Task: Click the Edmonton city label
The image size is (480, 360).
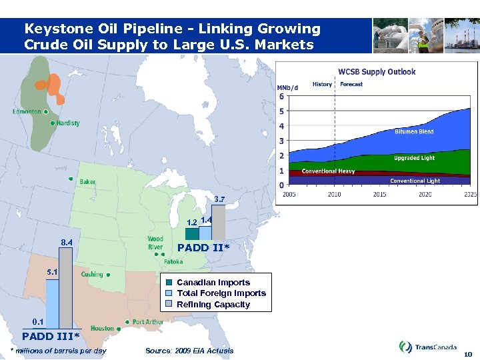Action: click(27, 112)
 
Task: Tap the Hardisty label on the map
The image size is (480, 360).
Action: click(68, 123)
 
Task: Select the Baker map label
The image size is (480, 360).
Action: click(87, 182)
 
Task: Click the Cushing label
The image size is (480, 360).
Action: click(92, 275)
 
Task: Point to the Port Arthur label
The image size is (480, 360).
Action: click(147, 322)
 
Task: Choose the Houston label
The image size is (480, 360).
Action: click(102, 329)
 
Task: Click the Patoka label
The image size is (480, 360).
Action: click(173, 262)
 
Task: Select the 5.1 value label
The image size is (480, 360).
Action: click(52, 272)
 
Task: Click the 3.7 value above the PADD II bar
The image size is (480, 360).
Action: click(219, 199)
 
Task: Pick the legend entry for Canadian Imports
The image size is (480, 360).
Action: click(213, 283)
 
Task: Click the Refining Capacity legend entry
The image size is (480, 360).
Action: click(213, 305)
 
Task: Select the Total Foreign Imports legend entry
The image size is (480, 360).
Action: click(221, 293)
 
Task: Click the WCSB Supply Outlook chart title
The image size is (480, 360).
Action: click(377, 72)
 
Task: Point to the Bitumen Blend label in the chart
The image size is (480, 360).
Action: click(414, 132)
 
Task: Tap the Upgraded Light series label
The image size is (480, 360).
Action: click(414, 159)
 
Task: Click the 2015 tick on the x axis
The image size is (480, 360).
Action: click(379, 194)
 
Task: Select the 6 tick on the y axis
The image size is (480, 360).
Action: click(281, 97)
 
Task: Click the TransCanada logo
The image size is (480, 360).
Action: click(427, 347)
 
